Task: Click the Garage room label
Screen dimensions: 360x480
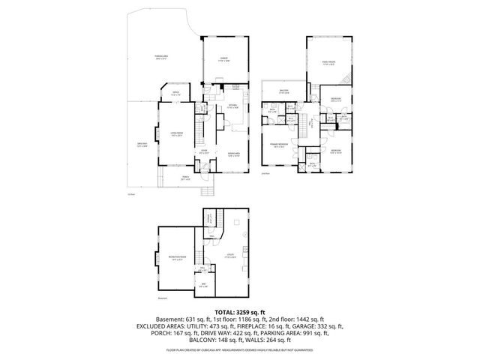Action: (223, 58)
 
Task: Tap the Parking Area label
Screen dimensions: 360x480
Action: (161, 58)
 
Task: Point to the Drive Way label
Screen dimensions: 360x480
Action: (142, 145)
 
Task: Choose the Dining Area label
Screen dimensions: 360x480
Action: (234, 155)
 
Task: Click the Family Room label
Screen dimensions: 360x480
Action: (328, 62)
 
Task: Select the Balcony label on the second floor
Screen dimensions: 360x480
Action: (283, 92)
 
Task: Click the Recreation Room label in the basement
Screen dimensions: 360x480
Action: (177, 258)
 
